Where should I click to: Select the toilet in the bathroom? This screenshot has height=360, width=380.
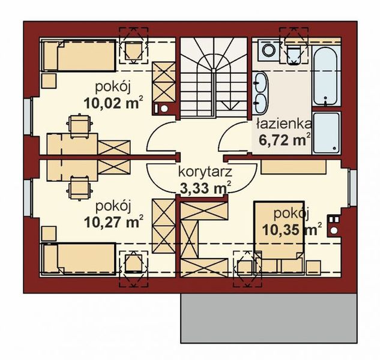[293, 53]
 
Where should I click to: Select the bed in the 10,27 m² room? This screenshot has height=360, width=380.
[78, 259]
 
